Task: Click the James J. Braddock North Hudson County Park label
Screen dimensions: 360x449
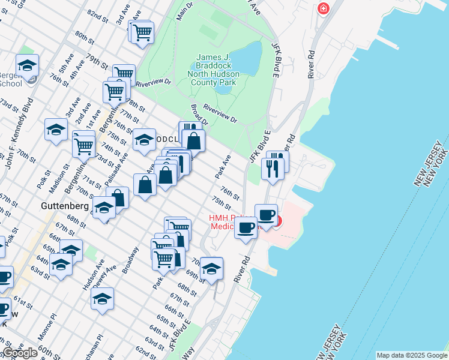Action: point(217,70)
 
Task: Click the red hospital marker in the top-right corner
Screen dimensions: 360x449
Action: point(324,8)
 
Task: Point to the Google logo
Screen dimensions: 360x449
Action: point(20,353)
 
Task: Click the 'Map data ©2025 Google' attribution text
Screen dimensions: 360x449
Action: point(411,355)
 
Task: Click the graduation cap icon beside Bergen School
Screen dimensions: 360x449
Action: point(27,65)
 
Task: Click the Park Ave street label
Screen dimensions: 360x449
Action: point(223,167)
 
